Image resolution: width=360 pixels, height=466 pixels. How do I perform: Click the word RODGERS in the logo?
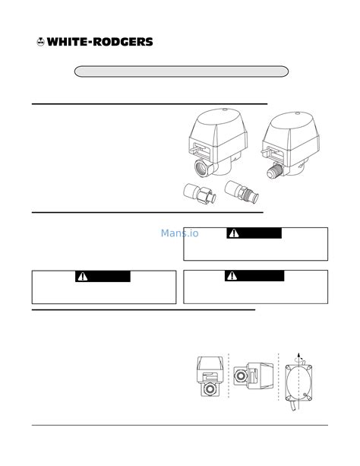point(123,42)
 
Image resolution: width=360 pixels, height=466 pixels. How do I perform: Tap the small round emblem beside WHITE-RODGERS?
point(40,42)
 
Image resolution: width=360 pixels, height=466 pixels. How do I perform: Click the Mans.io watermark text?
point(179,233)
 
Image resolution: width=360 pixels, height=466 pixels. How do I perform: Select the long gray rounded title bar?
point(182,71)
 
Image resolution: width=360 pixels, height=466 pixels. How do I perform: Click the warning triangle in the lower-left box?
point(83,277)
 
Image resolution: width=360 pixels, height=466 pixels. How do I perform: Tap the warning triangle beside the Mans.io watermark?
point(234,233)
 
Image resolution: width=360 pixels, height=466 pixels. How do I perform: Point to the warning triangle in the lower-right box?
point(232,276)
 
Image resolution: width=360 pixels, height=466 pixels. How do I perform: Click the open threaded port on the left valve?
point(201,167)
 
